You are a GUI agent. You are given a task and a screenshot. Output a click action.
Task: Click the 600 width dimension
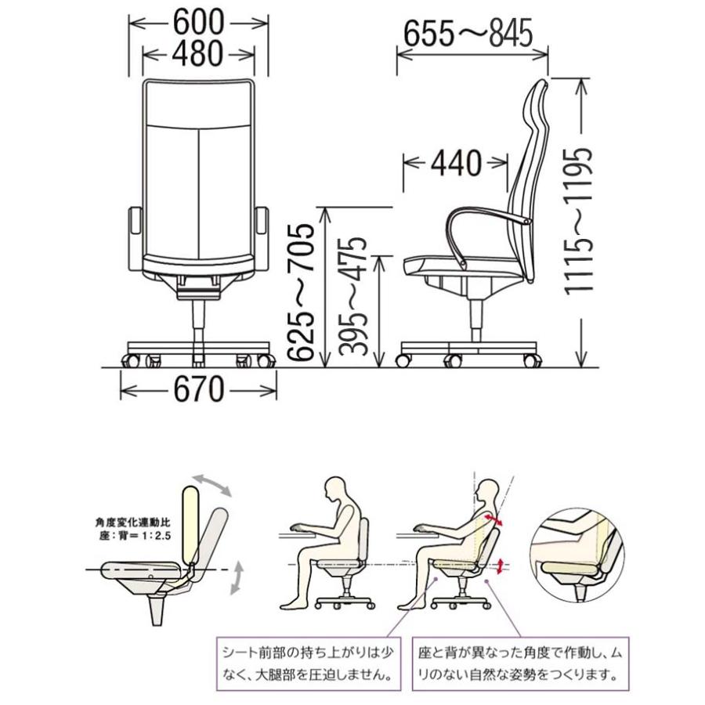198,20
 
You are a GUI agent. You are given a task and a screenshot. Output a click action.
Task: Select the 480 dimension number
198,52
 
